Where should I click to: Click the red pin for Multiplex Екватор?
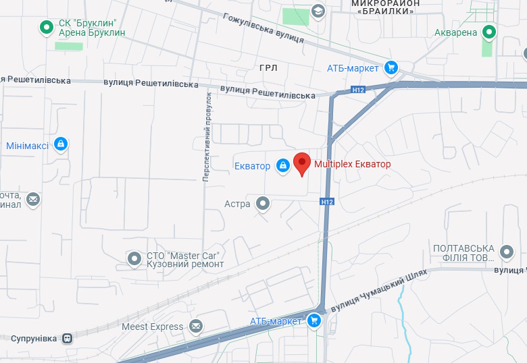coord(302,163)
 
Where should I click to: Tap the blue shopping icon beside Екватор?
coord(282,165)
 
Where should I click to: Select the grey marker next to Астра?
coord(263,204)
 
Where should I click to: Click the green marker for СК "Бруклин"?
coord(46,28)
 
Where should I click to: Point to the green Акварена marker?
coord(489,32)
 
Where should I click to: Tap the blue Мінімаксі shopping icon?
coord(61,144)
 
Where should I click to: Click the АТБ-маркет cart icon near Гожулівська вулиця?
coord(391,67)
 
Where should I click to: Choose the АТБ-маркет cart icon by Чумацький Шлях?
coord(313,321)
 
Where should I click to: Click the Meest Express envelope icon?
coord(196,327)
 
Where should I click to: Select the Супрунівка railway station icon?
coord(67,337)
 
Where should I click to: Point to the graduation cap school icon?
coord(318,11)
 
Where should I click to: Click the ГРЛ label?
coord(268,68)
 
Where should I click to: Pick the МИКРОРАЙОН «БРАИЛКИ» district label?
coord(386,7)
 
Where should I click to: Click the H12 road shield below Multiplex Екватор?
coord(327,202)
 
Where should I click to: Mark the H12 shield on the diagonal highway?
coord(358,89)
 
